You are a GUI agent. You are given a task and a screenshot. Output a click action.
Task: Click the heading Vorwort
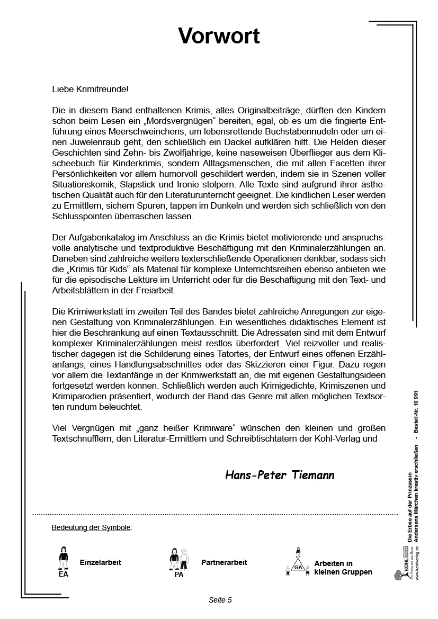point(219,36)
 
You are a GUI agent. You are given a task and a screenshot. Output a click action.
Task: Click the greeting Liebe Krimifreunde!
point(90,89)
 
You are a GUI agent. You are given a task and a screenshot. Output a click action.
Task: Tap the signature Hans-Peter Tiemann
point(280,475)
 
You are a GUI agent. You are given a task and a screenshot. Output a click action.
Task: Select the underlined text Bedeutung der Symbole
point(91,528)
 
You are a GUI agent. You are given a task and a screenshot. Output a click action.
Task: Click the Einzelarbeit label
point(100,562)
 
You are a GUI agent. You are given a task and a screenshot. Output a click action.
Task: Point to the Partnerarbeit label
point(224,562)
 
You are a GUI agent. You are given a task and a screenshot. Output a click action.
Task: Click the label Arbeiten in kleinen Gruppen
point(343,568)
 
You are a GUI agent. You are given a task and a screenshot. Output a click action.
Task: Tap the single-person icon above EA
point(64,557)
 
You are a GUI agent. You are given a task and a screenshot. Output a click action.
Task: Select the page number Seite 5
point(220,600)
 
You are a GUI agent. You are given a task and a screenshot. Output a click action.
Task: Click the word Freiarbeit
point(155,291)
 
